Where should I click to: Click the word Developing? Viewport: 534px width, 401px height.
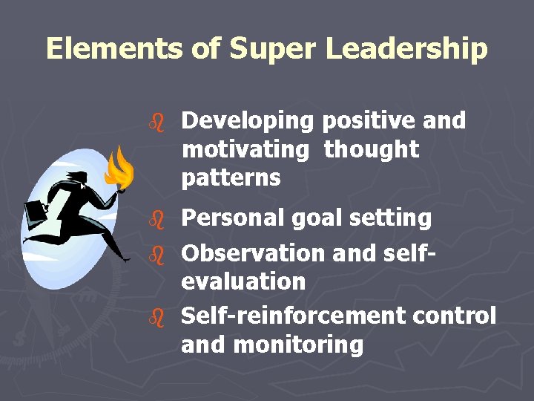248,120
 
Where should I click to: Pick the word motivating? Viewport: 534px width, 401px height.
245,149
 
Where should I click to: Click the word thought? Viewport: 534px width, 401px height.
371,149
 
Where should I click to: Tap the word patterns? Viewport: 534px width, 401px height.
231,178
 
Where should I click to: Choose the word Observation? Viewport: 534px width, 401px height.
254,253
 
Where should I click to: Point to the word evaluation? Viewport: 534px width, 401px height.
243,281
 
